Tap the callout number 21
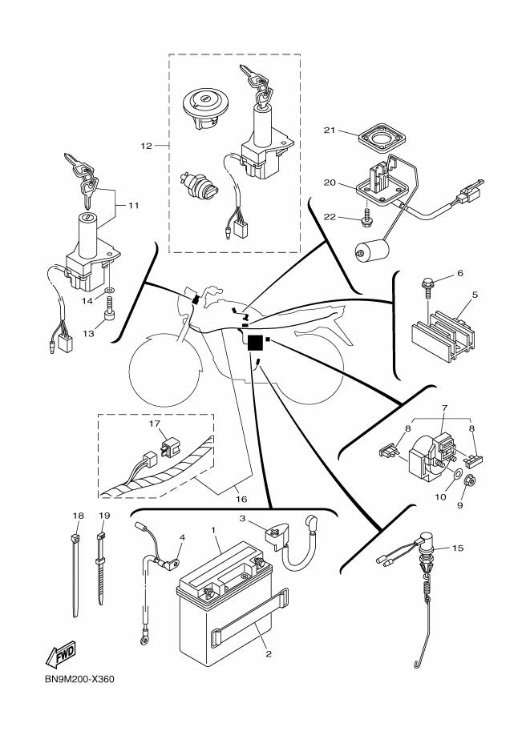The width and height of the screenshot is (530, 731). coord(328,130)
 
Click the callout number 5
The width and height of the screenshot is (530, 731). coord(475,294)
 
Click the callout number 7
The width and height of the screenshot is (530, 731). coord(443,408)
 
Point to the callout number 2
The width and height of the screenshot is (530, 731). coord(269,653)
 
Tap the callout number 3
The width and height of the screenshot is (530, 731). coord(243,518)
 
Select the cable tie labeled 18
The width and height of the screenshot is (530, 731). coord(75,572)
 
